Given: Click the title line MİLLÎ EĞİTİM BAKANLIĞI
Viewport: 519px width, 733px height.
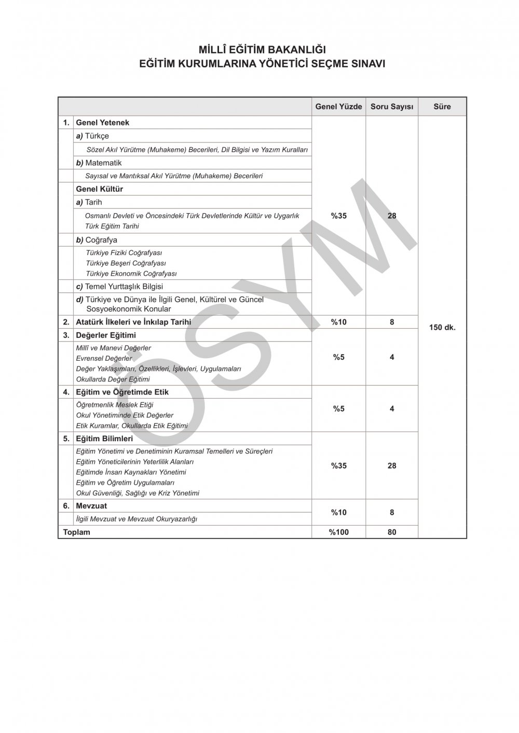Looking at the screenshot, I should [x=262, y=50].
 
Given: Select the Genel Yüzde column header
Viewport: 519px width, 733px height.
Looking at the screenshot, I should [x=339, y=107].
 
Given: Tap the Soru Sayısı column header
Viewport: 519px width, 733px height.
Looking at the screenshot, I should [x=392, y=107].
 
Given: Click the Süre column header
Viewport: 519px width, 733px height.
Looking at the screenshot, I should [x=442, y=107].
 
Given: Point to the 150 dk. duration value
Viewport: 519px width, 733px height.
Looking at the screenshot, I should [x=442, y=328].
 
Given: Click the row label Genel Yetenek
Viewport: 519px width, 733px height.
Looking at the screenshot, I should [x=103, y=123].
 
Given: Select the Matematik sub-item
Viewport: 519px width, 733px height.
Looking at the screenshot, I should [x=103, y=163].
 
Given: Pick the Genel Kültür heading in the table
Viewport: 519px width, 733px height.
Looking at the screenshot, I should [x=99, y=189].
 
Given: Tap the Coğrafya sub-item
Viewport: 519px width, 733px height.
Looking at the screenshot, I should [x=101, y=240].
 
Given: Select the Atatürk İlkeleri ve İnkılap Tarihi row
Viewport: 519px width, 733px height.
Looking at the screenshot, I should [x=133, y=322].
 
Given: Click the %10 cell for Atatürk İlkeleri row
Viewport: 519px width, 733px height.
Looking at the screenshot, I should [x=339, y=322].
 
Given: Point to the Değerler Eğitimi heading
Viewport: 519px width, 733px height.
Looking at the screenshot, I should [x=106, y=335].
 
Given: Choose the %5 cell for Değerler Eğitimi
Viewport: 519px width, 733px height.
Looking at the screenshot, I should [x=339, y=357].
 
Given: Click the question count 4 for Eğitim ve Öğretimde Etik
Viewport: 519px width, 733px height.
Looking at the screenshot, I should [x=392, y=408].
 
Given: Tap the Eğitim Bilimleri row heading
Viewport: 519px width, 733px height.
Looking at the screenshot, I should [x=104, y=439].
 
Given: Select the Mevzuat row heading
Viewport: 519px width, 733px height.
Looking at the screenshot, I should [x=91, y=505].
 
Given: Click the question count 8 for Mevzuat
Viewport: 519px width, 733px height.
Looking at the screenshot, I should [x=392, y=512].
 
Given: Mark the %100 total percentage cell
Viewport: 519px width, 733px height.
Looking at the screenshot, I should [x=339, y=532].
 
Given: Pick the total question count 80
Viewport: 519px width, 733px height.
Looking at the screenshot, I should [x=392, y=532].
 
